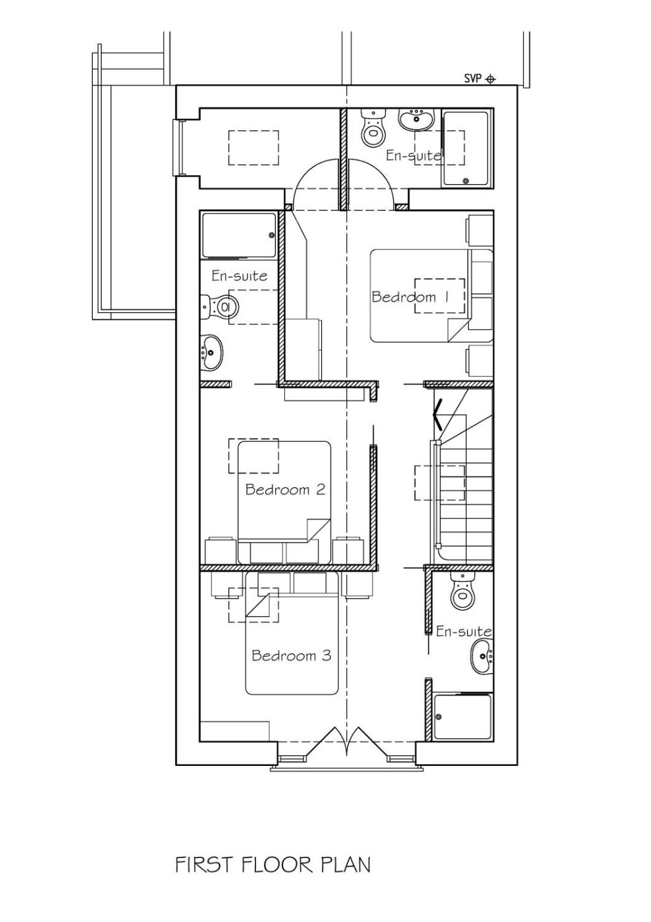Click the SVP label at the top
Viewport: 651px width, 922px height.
(x=473, y=78)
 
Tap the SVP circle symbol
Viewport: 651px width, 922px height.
(x=490, y=78)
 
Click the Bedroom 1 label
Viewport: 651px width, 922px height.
(x=410, y=297)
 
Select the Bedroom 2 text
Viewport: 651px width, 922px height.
(x=285, y=489)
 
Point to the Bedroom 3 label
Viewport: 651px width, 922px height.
(x=292, y=655)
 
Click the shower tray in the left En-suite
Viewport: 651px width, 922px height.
(x=239, y=236)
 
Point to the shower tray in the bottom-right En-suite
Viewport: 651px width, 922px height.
(x=463, y=717)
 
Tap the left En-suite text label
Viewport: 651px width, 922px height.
(x=239, y=275)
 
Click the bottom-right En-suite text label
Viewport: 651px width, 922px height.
(x=464, y=632)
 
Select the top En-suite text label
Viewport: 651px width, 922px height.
(x=413, y=155)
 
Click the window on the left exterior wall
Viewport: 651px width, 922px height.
(x=178, y=148)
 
